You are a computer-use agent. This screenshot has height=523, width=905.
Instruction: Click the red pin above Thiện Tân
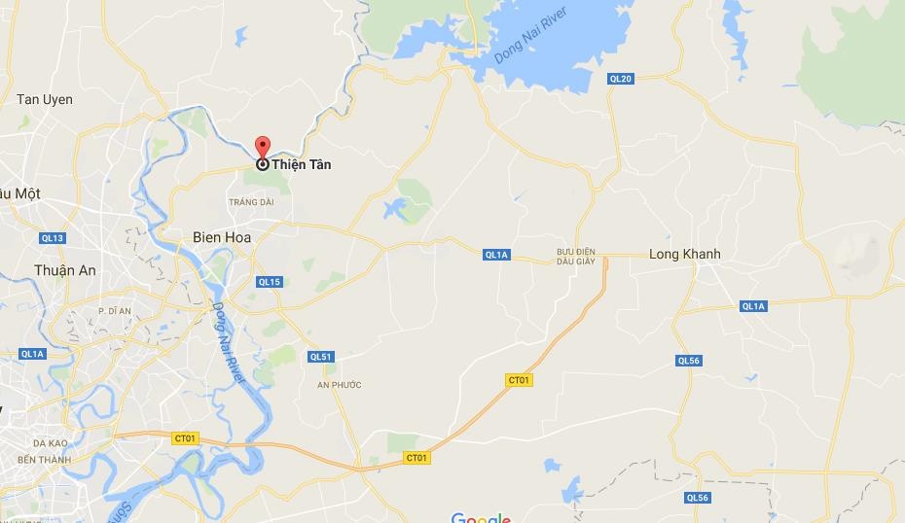pos(262,147)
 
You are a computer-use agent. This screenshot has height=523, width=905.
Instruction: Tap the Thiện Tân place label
pos(301,165)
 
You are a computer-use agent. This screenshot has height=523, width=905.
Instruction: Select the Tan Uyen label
pos(45,100)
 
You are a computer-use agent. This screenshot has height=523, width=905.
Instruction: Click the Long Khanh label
pos(685,255)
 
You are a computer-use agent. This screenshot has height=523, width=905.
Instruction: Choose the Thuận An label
pos(65,271)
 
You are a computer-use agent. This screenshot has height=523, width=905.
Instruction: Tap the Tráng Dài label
pos(251,202)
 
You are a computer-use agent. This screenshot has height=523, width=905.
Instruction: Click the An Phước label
pos(340,385)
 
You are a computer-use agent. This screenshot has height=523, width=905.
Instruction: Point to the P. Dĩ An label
pos(115,310)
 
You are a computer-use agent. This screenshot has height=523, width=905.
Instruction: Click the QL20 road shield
pos(620,79)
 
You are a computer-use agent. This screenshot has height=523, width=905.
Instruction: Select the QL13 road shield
pos(53,238)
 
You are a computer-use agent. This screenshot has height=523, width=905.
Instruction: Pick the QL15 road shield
pos(270,282)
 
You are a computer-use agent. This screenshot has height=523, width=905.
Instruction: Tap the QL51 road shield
pos(321,357)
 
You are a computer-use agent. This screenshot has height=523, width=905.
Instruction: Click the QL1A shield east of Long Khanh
pos(753,306)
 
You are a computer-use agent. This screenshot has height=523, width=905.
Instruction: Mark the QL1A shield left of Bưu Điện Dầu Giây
pos(496,255)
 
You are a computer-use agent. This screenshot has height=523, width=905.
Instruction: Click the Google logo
pos(481,517)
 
